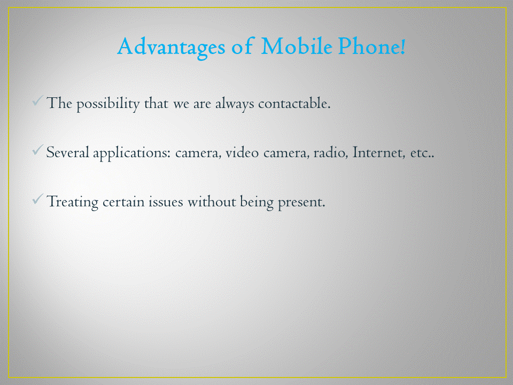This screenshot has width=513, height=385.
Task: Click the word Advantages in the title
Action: click(x=171, y=48)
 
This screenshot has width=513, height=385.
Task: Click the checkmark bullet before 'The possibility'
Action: click(x=38, y=101)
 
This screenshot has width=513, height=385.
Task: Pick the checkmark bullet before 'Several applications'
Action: click(x=38, y=150)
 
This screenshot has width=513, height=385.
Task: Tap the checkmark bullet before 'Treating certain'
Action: click(x=38, y=199)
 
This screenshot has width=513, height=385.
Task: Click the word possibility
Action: click(x=108, y=104)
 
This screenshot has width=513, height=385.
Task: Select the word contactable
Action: click(x=294, y=103)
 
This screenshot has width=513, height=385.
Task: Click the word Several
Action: click(x=68, y=152)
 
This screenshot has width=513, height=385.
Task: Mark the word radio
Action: click(x=331, y=152)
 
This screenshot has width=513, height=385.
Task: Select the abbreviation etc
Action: click(x=422, y=153)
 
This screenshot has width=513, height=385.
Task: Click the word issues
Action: click(x=166, y=202)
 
